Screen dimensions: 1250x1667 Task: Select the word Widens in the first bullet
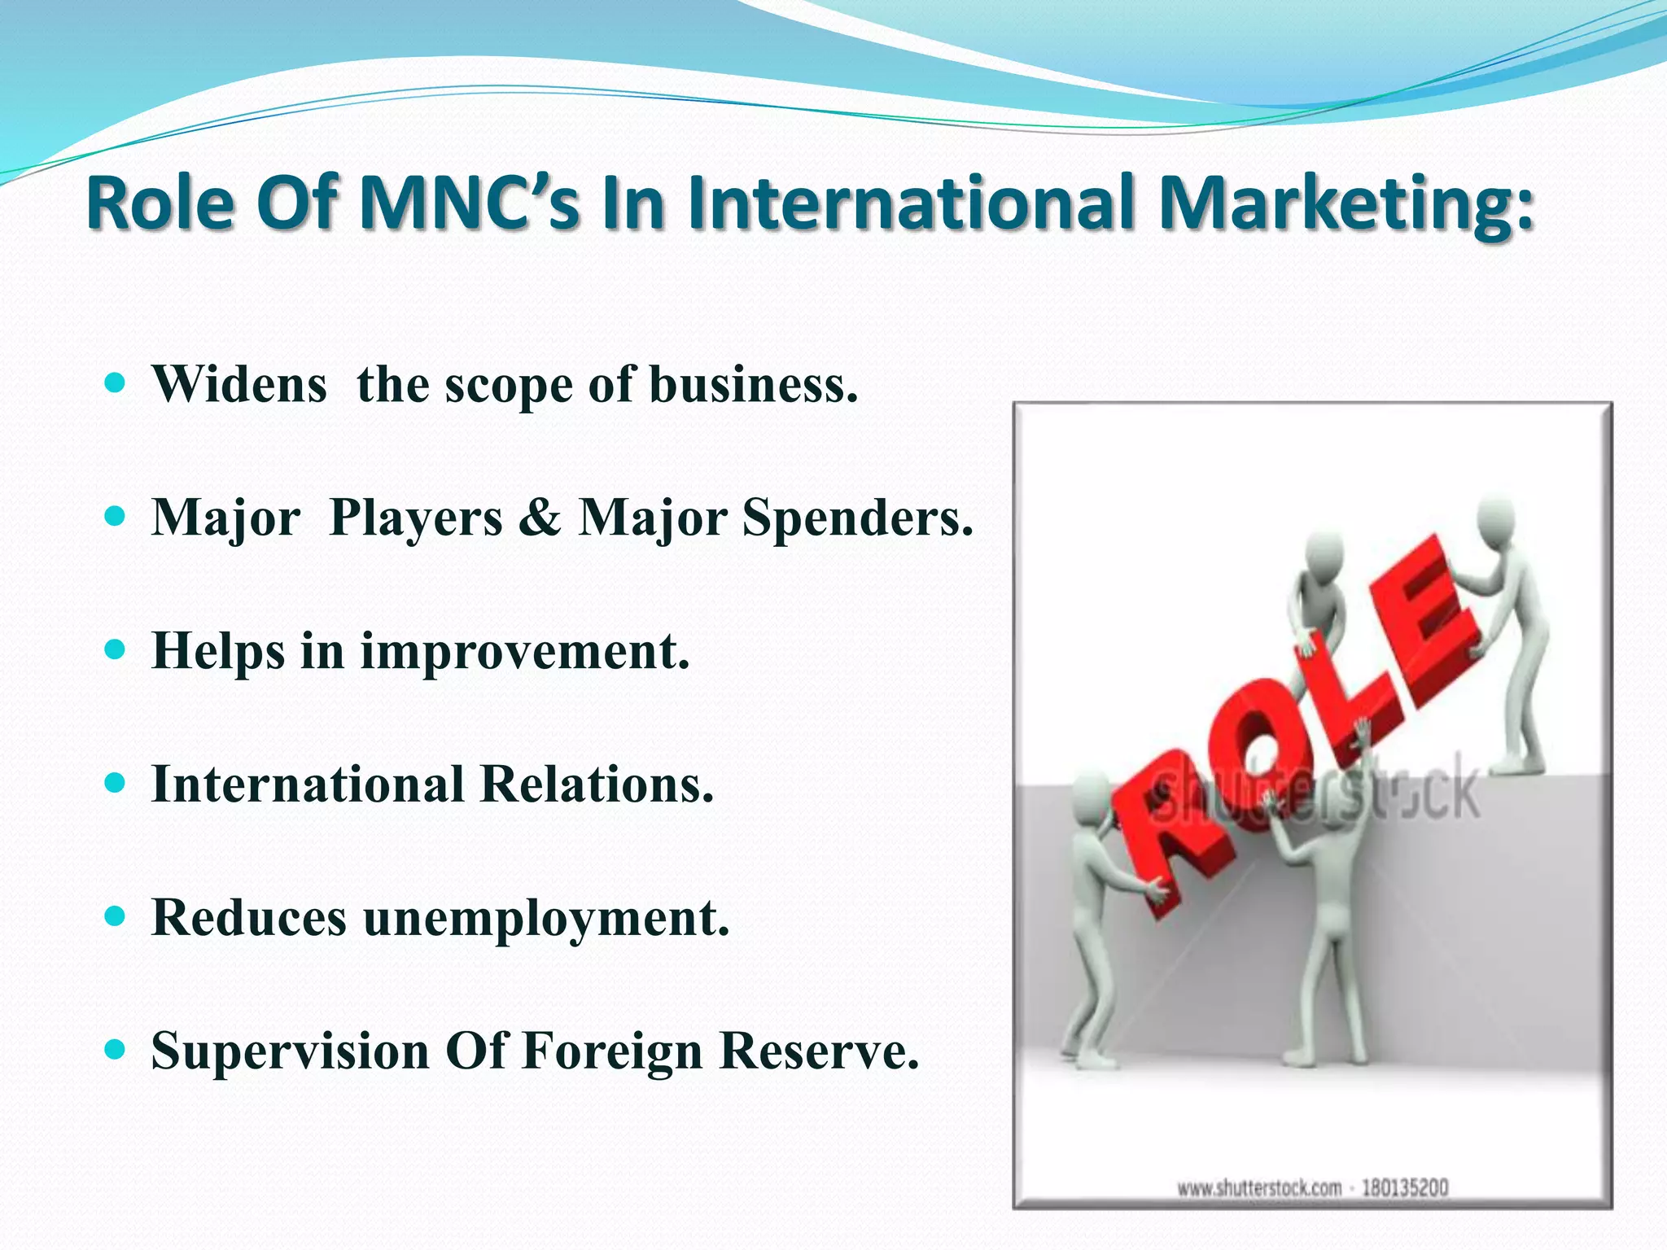click(239, 384)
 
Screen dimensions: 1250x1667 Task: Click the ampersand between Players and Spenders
click(540, 517)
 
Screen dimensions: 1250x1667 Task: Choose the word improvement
click(525, 652)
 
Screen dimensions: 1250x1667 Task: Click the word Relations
click(597, 785)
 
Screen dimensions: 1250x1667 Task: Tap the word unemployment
click(546, 919)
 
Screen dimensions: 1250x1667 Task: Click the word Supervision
click(291, 1051)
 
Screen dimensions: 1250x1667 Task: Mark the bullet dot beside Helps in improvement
click(116, 650)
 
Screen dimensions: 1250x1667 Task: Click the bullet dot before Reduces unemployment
click(116, 917)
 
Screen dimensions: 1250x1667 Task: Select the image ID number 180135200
click(1405, 1188)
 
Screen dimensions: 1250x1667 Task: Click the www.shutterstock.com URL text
click(1259, 1188)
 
